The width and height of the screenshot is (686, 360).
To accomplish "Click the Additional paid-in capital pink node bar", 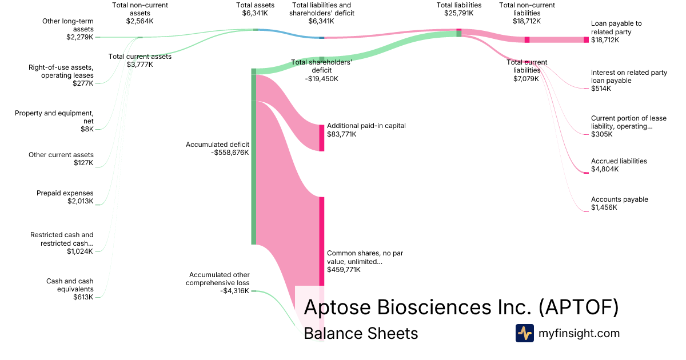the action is pyautogui.click(x=321, y=138).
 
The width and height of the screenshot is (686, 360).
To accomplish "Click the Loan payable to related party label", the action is pyautogui.click(x=616, y=32).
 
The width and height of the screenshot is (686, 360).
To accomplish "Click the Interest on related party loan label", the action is pyautogui.click(x=629, y=81).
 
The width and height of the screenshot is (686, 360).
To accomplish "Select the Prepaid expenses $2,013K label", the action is pyautogui.click(x=65, y=197).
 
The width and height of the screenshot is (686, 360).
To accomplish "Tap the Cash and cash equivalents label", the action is pyautogui.click(x=70, y=289).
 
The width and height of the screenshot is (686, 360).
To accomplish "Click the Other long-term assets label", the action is pyautogui.click(x=68, y=29).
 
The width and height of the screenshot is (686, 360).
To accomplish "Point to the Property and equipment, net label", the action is pyautogui.click(x=54, y=121).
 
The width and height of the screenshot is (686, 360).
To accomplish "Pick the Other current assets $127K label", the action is pyautogui.click(x=61, y=159).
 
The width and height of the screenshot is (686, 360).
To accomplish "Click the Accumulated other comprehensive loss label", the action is pyautogui.click(x=220, y=283).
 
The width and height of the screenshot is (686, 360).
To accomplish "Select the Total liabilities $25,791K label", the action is pyautogui.click(x=459, y=9).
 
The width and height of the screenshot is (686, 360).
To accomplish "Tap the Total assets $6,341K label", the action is pyautogui.click(x=256, y=9).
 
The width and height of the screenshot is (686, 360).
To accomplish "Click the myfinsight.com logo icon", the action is pyautogui.click(x=524, y=333).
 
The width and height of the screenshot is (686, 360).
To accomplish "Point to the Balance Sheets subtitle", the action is pyautogui.click(x=361, y=333).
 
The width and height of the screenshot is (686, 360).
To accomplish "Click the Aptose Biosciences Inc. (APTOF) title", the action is pyautogui.click(x=461, y=307).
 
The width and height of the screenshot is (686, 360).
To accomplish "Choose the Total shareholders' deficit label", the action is pyautogui.click(x=321, y=70).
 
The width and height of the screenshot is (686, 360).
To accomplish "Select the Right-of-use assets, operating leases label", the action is pyautogui.click(x=61, y=75).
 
